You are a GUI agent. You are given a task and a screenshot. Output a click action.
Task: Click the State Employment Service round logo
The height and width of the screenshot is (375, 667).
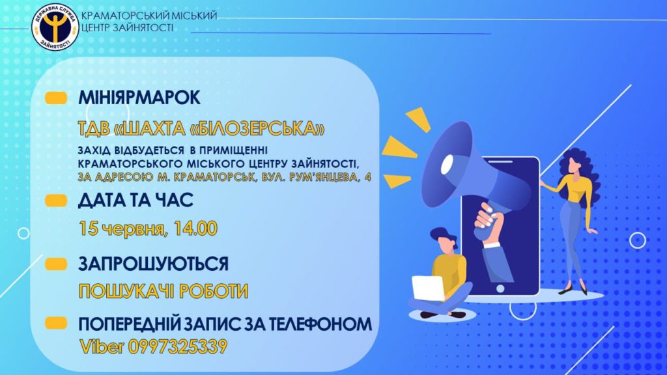point(55,27)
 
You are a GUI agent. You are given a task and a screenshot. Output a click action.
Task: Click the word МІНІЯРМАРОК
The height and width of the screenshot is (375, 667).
point(139,98)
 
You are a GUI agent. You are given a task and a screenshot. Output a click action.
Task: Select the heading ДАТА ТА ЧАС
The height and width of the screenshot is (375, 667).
point(135,201)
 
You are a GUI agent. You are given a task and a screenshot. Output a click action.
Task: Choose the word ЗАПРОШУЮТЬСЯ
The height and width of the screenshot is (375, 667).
point(154,264)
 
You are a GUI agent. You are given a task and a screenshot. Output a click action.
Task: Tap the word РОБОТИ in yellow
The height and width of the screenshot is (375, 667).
point(214,291)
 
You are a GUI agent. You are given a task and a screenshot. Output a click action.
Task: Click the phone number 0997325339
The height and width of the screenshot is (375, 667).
point(177,346)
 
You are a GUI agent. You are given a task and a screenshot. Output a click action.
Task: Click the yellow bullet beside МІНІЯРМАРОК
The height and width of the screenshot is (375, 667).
point(56,98)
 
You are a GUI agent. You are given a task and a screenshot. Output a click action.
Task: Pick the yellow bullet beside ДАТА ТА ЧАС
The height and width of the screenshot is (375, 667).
point(56,201)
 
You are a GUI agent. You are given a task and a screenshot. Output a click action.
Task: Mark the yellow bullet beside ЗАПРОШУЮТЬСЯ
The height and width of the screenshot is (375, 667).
point(56,264)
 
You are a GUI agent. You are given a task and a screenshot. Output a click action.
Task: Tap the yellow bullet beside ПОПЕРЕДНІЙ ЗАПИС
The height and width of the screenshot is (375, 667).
point(56,323)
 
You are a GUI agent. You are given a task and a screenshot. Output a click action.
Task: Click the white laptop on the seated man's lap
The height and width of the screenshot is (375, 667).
point(429,288)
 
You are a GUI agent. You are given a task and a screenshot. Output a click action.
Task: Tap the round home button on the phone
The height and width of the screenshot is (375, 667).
point(500,288)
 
